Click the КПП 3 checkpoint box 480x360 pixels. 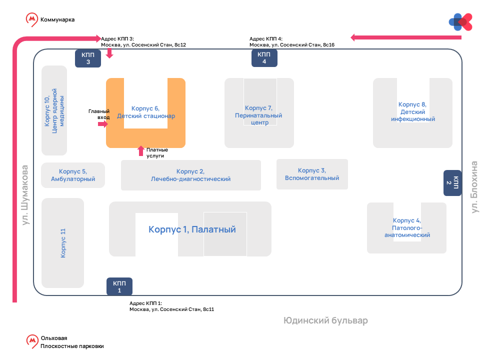[x=88, y=58]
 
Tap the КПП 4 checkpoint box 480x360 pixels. [x=264, y=58]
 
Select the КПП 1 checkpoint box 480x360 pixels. [x=119, y=286]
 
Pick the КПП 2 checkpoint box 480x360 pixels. [x=452, y=183]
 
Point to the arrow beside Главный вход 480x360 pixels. [x=103, y=124]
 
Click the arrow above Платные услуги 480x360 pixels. [x=141, y=150]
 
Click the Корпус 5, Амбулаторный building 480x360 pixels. [x=73, y=175]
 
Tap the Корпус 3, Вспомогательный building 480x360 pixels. [x=312, y=174]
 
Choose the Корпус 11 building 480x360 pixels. [x=63, y=243]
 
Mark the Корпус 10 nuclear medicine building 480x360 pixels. [x=54, y=110]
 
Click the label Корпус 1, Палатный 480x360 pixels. [x=192, y=229]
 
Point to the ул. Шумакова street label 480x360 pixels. [x=25, y=194]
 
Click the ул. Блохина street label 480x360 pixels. [x=474, y=186]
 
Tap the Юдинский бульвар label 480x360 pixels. [x=325, y=320]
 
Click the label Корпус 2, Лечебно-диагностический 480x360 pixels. [x=190, y=175]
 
